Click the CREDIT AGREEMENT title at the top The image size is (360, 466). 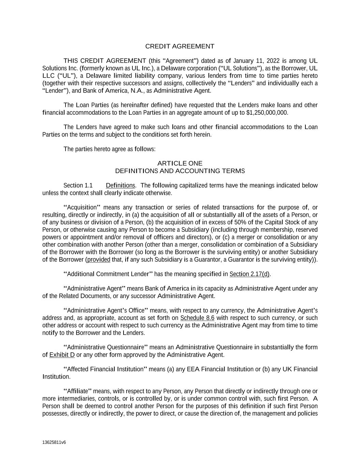(x=180, y=46)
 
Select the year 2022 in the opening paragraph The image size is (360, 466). (x=273, y=61)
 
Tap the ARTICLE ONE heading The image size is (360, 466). (x=180, y=164)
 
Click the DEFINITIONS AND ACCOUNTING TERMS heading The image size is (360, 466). (x=180, y=171)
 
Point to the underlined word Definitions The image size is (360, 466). (x=120, y=186)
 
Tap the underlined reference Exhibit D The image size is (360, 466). (x=62, y=355)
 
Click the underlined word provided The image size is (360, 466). (x=99, y=260)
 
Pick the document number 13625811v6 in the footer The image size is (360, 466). (x=54, y=442)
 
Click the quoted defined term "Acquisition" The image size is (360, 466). (x=82, y=208)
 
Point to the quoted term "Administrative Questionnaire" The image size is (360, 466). (x=106, y=348)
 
